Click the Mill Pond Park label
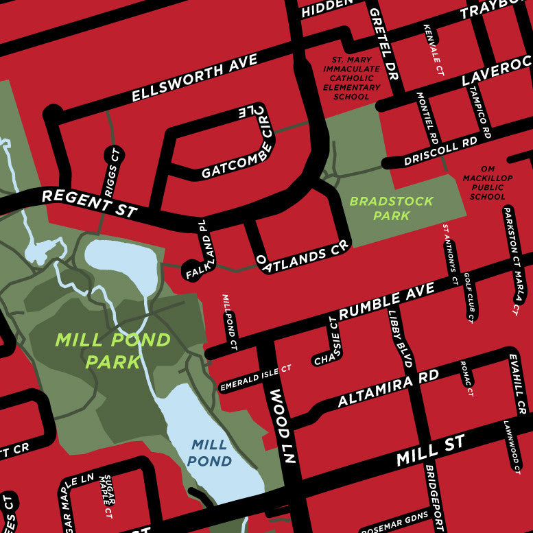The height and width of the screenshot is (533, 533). click(113, 351)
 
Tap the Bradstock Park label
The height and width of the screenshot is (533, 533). click(391, 209)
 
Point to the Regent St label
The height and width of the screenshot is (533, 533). click(89, 203)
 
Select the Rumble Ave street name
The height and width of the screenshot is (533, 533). click(387, 301)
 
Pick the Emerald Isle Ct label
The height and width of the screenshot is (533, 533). click(255, 379)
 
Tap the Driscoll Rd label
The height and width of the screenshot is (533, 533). click(440, 153)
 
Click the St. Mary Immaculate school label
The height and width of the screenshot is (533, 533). click(351, 78)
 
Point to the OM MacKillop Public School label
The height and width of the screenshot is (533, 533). click(488, 182)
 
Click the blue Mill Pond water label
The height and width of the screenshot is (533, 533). click(210, 453)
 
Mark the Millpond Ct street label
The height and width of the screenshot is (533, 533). click(228, 322)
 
